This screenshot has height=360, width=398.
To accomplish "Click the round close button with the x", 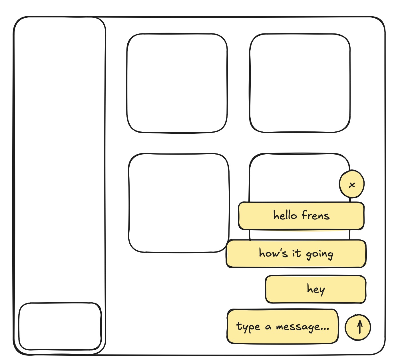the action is (352, 184).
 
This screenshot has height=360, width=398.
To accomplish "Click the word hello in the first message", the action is (285, 215).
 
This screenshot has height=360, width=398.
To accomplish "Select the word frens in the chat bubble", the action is (316, 215).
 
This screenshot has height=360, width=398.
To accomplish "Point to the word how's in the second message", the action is (273, 253).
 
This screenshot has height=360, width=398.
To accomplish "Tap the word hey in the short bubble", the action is (316, 289).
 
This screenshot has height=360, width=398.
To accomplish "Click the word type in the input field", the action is (248, 327).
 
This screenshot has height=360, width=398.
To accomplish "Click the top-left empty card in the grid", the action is (177, 83).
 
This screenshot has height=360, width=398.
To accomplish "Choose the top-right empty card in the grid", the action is (300, 83).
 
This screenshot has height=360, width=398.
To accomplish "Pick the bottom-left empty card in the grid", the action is (179, 203).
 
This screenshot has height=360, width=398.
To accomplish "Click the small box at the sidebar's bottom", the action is (60, 327).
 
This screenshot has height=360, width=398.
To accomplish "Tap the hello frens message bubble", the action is (301, 216).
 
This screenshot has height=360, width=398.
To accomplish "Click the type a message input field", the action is (283, 327).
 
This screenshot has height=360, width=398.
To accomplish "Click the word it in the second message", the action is (297, 253).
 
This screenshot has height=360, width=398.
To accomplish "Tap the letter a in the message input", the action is (268, 327).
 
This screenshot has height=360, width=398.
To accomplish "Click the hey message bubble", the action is (316, 289).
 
